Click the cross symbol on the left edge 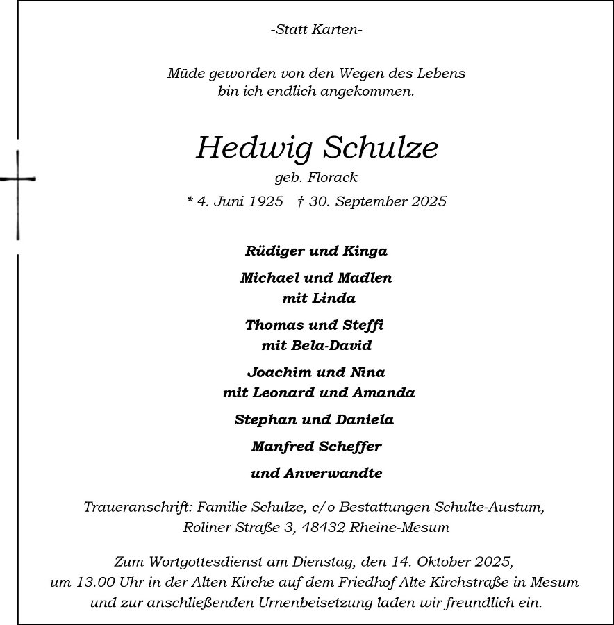coord(17,179)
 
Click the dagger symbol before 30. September coord(300,201)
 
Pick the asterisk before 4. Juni coord(190,201)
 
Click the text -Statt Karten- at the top coord(316,30)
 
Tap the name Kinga coord(367,251)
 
